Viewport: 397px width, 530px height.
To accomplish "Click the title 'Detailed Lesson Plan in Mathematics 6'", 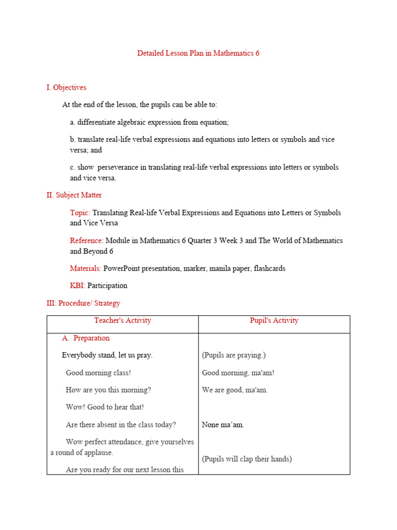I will click(198, 53).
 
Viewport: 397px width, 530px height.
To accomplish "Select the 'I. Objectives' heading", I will click(66, 87).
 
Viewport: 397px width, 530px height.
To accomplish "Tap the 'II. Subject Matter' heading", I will click(74, 195).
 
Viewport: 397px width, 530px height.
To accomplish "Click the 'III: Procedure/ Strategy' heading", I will click(83, 303).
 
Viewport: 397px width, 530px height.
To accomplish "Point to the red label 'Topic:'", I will click(80, 213).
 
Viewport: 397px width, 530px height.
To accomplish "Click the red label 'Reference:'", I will click(87, 241).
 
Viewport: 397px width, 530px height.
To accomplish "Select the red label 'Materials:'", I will click(86, 268).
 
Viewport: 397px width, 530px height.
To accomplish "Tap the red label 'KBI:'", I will click(78, 285).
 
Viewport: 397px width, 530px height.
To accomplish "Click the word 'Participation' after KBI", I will click(107, 285).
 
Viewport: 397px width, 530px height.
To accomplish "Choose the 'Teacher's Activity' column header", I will click(123, 320).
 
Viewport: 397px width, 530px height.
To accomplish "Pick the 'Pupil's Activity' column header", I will click(274, 320).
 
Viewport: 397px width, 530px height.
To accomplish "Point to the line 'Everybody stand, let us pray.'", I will click(107, 355).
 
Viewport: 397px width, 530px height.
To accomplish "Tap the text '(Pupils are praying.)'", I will click(234, 355).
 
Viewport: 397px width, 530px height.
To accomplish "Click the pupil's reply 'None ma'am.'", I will click(223, 424).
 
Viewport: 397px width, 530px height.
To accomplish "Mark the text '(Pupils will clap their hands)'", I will click(247, 459).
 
